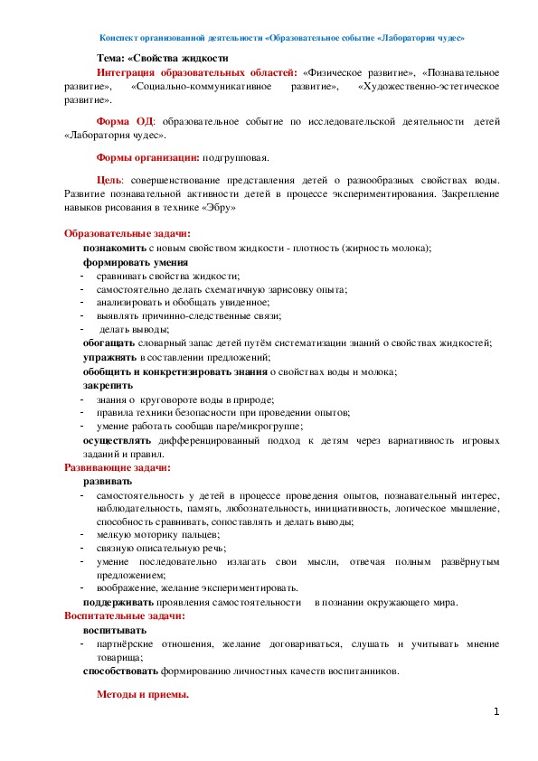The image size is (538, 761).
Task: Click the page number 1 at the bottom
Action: coord(496,713)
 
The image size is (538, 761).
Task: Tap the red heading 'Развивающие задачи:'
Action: coord(117,468)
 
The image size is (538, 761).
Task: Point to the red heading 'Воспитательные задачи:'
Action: coord(124,615)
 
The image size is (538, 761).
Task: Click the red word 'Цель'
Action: coord(109,180)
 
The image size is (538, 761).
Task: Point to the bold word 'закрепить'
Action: coord(109,385)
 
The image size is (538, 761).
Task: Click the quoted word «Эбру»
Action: coord(221,207)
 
